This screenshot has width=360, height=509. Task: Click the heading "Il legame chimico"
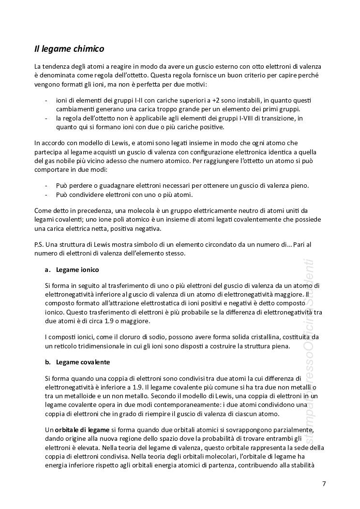pyautogui.click(x=69, y=49)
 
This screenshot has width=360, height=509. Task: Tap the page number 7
pyautogui.click(x=324, y=483)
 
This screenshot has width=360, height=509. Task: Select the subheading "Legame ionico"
pyautogui.click(x=77, y=269)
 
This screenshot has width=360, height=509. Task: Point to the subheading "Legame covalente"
pyautogui.click(x=83, y=362)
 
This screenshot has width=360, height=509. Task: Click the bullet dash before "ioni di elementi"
pyautogui.click(x=46, y=100)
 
